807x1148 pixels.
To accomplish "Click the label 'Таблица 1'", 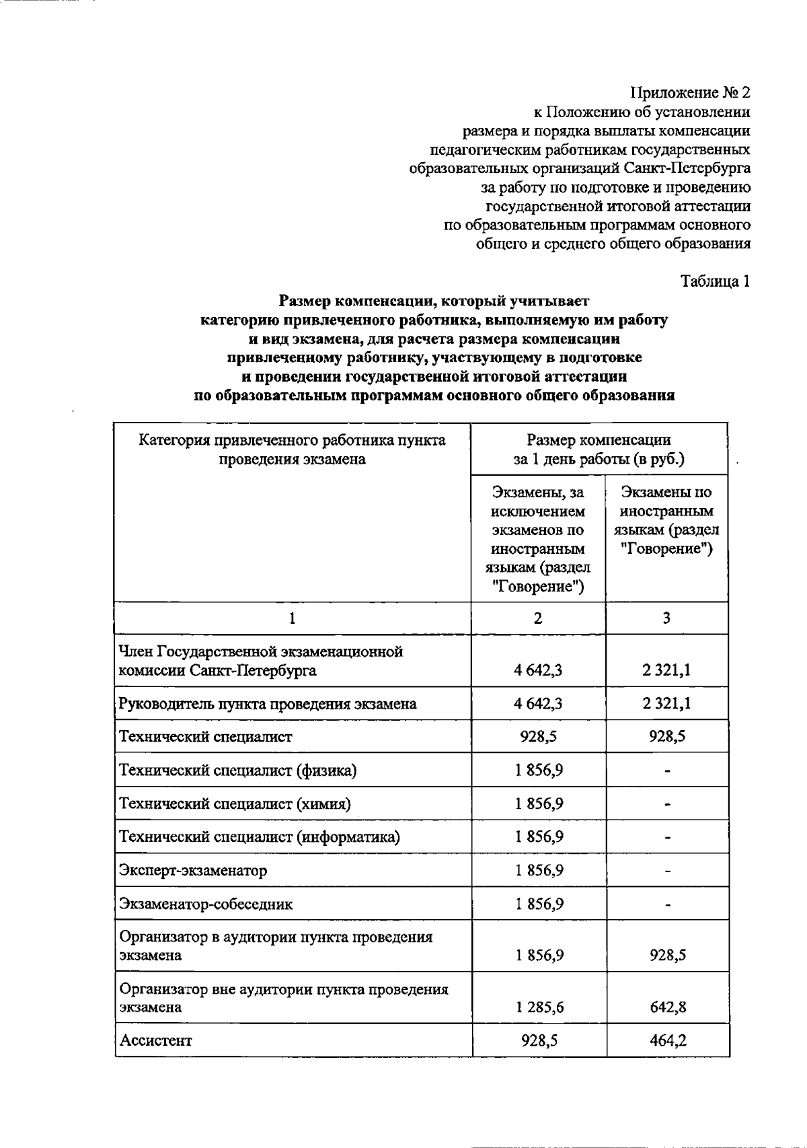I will point(715,281).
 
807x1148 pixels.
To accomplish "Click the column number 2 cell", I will point(537,618).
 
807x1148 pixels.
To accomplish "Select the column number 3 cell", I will point(666,618).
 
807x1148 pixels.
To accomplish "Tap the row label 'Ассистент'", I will point(155,1040).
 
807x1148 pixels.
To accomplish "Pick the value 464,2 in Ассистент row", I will point(668,1040).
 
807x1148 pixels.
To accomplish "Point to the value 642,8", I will point(668,1007).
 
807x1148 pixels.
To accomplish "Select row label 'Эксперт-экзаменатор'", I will point(193,870).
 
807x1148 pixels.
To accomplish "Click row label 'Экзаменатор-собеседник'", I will point(206,904).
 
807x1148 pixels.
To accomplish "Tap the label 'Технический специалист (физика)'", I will point(237,770).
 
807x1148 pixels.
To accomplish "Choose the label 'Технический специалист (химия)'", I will point(235,803).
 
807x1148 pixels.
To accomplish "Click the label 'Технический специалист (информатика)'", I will point(259,836).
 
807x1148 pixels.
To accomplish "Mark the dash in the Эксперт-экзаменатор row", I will point(668,871).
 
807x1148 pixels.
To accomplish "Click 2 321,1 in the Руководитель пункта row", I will point(666,703).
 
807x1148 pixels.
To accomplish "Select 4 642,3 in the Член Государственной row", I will point(538,670).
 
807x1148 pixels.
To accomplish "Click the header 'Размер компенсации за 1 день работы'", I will point(599,450).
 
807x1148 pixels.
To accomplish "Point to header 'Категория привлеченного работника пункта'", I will point(292,440).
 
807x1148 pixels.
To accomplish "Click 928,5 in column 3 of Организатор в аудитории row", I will point(668,955).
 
